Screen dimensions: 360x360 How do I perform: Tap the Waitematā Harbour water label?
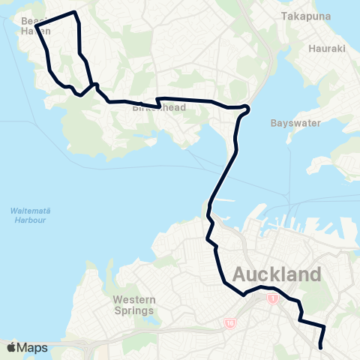29,215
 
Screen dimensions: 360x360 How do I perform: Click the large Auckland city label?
277,274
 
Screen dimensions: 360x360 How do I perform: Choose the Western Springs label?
133,304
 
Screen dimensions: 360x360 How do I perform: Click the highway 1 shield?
272,298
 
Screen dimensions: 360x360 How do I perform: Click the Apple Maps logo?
27,347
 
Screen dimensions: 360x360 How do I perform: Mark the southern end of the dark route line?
321,347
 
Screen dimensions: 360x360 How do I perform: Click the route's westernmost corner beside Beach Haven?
35,27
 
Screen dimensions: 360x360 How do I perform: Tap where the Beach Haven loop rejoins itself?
94,85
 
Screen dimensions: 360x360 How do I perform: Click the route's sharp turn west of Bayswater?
247,109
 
